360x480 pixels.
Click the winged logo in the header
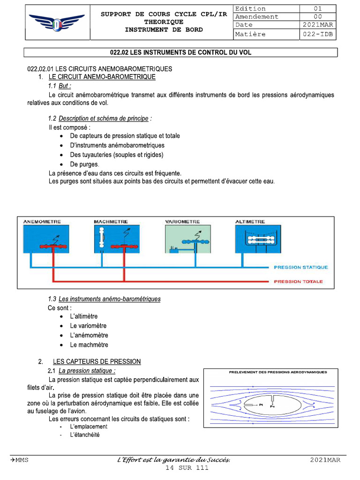pyautogui.click(x=57, y=22)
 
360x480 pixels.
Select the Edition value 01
pyautogui.click(x=317, y=9)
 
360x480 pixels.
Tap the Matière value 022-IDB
pyautogui.click(x=317, y=34)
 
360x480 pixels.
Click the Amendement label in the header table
pyautogui.click(x=257, y=17)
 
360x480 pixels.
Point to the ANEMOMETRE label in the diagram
pyautogui.click(x=42, y=222)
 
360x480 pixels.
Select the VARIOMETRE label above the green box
pyautogui.click(x=182, y=222)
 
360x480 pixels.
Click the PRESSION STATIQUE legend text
pyautogui.click(x=301, y=268)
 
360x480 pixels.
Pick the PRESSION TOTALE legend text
pyautogui.click(x=298, y=282)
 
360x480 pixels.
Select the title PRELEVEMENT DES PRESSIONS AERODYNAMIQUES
pyautogui.click(x=278, y=372)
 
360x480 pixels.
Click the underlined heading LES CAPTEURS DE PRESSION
pyautogui.click(x=97, y=361)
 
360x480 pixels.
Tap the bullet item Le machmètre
pyautogui.click(x=89, y=345)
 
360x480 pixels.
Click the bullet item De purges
pyautogui.click(x=85, y=165)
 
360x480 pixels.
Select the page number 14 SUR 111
pyautogui.click(x=187, y=468)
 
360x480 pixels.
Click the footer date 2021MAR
pyautogui.click(x=325, y=460)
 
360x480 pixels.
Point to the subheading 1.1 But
pyautogui.click(x=60, y=86)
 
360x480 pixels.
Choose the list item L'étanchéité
pyautogui.click(x=85, y=435)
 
